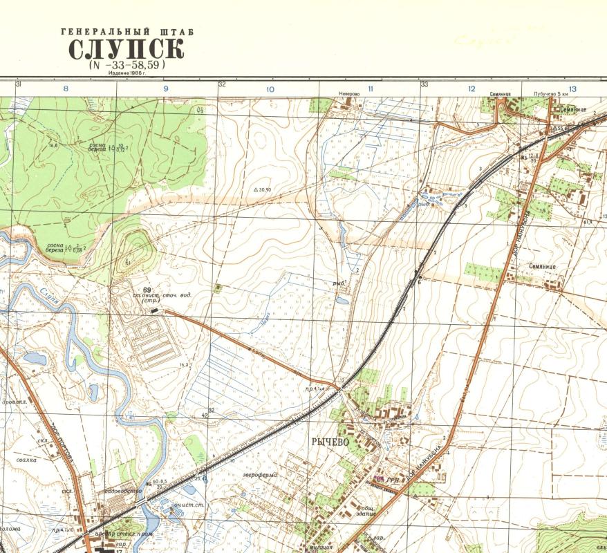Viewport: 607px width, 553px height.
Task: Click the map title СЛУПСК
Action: click(x=127, y=50)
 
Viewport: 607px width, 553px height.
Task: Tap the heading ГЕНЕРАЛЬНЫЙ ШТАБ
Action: click(x=127, y=32)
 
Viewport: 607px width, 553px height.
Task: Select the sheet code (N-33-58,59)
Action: click(x=127, y=65)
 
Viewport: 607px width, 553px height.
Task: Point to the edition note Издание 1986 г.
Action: click(x=127, y=73)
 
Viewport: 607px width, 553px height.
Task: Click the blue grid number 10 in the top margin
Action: click(x=270, y=89)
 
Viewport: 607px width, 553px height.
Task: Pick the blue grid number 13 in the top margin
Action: click(x=572, y=89)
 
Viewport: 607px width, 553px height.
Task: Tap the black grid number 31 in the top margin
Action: click(x=19, y=84)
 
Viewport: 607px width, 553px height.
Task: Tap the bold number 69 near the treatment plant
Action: click(x=147, y=290)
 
